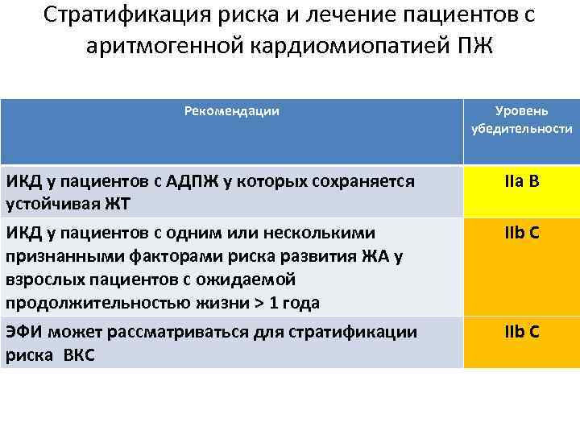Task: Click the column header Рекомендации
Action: (232, 110)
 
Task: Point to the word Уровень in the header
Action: (521, 110)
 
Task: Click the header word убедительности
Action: (521, 129)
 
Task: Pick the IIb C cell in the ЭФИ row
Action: (521, 332)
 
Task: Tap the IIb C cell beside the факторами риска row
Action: (521, 234)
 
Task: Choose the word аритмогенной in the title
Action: (151, 46)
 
